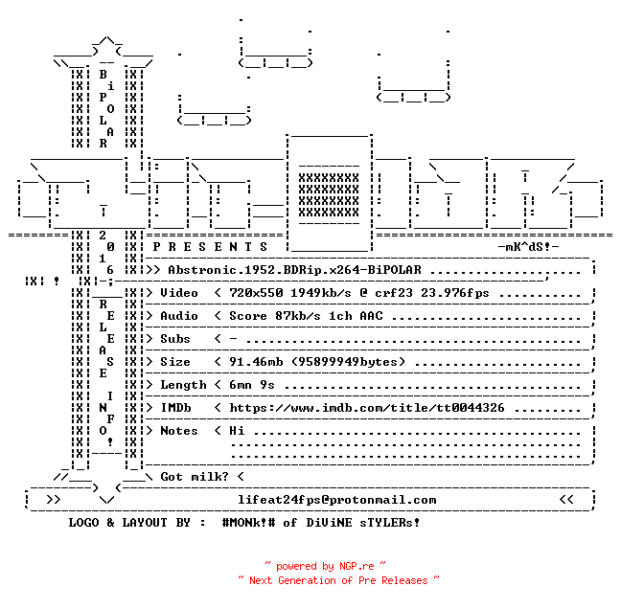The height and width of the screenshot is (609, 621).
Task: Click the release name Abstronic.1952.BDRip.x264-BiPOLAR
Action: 294,270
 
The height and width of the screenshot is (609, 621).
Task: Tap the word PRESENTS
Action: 210,247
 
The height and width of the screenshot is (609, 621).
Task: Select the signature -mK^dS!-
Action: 528,247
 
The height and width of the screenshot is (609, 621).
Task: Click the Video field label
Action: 179,293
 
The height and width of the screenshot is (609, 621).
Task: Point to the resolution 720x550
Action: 256,293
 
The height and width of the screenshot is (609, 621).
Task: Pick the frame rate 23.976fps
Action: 455,293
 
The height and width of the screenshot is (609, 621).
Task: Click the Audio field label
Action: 179,316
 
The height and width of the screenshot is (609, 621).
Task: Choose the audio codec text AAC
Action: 372,316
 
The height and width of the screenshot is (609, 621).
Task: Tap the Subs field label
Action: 175,339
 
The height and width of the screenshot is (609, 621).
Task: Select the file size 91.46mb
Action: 256,362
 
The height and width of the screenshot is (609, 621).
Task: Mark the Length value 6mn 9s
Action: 252,385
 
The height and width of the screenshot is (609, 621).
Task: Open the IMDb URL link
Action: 367,408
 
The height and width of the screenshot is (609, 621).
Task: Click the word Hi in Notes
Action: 237,431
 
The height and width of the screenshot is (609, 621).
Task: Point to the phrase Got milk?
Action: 195,477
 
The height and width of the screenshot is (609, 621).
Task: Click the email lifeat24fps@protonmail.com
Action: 337,500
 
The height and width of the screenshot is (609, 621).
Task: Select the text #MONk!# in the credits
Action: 248,522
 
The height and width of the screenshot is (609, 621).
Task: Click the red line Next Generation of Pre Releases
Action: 338,580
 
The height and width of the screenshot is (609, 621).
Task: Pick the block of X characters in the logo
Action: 329,195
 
